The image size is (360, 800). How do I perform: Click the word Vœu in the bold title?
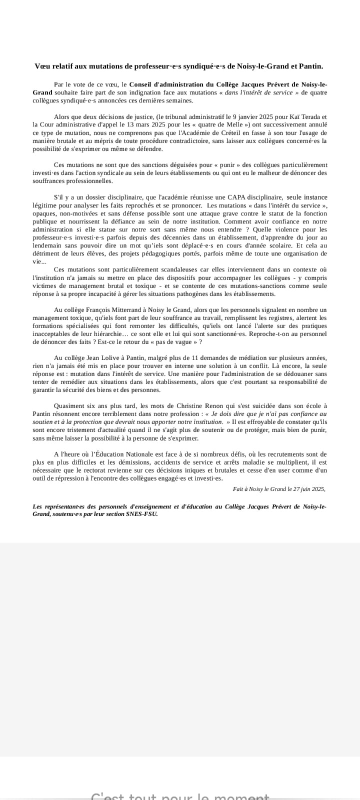pyautogui.click(x=42, y=66)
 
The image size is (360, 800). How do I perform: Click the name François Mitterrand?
pyautogui.click(x=113, y=310)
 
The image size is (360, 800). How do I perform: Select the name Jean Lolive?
pyautogui.click(x=105, y=357)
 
